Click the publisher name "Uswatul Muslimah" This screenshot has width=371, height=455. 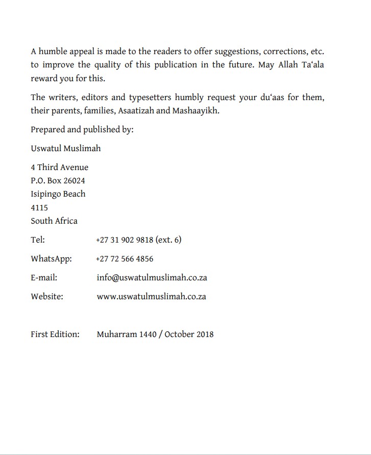[x=65, y=149]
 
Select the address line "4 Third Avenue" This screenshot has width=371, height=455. [x=59, y=167]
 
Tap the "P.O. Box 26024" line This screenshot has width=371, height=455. [x=58, y=181]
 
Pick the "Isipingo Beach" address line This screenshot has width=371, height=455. [x=58, y=194]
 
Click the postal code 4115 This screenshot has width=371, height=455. [x=39, y=208]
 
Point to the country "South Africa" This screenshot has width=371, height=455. [x=54, y=221]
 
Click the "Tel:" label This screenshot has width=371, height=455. [x=38, y=240]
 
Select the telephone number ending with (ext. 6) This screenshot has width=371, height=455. [x=138, y=240]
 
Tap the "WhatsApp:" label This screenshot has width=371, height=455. [x=51, y=259]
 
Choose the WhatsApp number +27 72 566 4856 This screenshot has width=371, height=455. [x=125, y=259]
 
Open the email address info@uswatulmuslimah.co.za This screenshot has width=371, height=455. [x=152, y=278]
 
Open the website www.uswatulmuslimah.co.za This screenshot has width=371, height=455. [x=151, y=297]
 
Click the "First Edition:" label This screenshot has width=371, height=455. [x=55, y=334]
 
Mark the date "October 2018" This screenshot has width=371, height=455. [x=189, y=334]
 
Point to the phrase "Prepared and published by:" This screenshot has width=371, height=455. [x=82, y=130]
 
